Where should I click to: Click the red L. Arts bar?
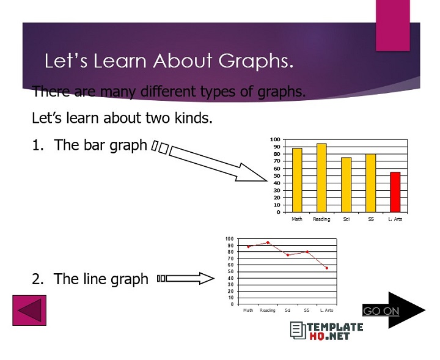[x=395, y=192]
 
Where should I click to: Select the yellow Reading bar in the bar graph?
[x=321, y=178]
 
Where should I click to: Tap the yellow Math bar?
[x=297, y=180]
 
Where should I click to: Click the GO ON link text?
[x=381, y=311]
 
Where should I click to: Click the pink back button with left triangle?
[x=29, y=310]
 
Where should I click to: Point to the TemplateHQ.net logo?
[x=326, y=331]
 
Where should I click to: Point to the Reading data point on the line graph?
[x=268, y=243]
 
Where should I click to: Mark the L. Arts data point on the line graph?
[x=327, y=268]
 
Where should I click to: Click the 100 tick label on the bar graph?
[x=276, y=140]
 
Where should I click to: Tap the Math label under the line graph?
[x=248, y=310]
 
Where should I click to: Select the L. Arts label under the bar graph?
[x=395, y=219]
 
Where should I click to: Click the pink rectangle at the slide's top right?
[x=392, y=25]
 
